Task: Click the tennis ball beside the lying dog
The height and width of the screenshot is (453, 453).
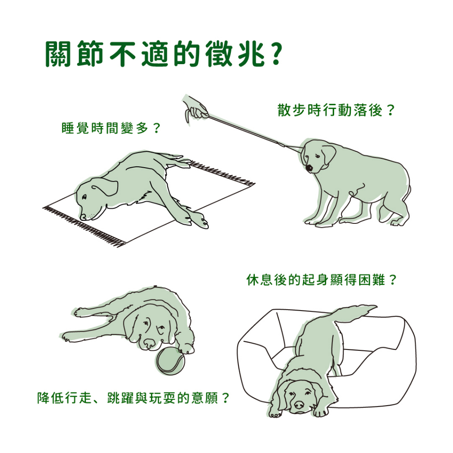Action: [x=170, y=361]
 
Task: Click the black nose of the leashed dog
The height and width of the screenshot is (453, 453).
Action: [x=309, y=168]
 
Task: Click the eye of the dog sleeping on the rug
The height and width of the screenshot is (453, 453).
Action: [x=84, y=197]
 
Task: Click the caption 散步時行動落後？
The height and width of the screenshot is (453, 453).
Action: [x=336, y=110]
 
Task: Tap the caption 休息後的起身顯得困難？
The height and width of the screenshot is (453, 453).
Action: [x=322, y=280]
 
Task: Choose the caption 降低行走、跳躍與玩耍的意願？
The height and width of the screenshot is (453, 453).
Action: [x=133, y=398]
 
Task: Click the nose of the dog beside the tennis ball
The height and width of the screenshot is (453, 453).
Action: [x=150, y=343]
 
